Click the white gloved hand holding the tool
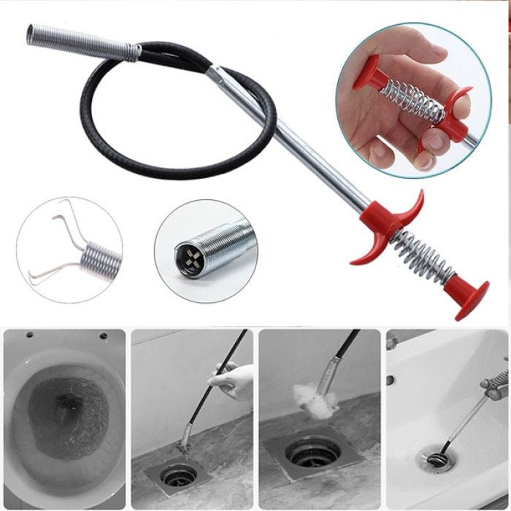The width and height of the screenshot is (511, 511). click(x=233, y=380)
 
